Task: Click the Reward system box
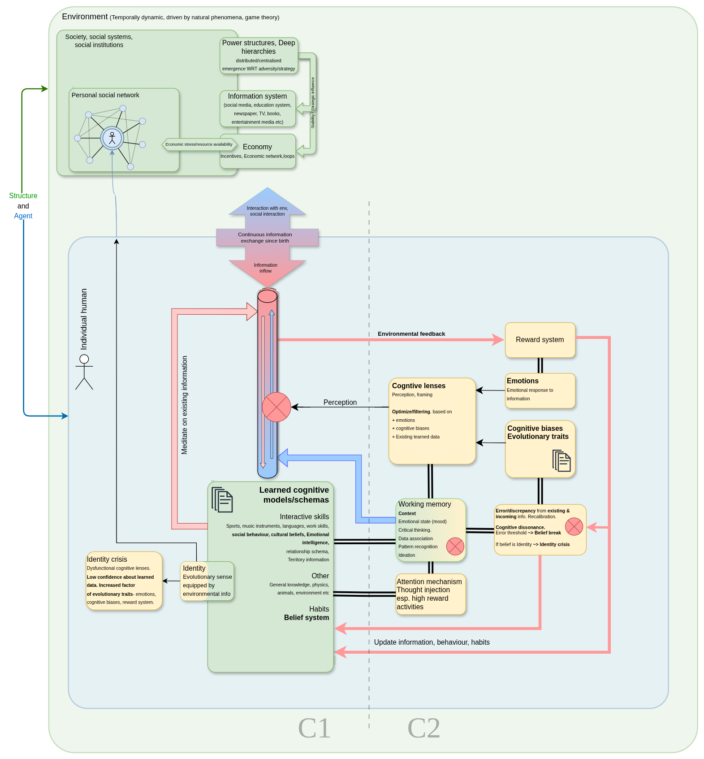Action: point(540,340)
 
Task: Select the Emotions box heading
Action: point(523,381)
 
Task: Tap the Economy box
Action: point(258,152)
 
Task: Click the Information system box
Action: point(258,108)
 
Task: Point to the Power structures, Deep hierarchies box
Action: point(259,56)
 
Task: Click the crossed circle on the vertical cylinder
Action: point(276,407)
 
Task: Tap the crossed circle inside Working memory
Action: point(455,546)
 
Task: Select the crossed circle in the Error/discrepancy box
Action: point(574,527)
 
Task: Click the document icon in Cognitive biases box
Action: point(561,460)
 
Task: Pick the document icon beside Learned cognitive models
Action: point(222,499)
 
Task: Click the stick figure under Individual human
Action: point(84,372)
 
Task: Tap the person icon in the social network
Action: point(112,138)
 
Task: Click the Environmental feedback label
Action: point(411,334)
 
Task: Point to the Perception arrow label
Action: point(340,403)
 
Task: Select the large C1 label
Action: point(315,728)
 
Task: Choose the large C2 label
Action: point(424,728)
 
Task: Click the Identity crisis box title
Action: point(107,559)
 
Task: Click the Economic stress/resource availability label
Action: point(199,144)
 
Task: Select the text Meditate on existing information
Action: point(184,405)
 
